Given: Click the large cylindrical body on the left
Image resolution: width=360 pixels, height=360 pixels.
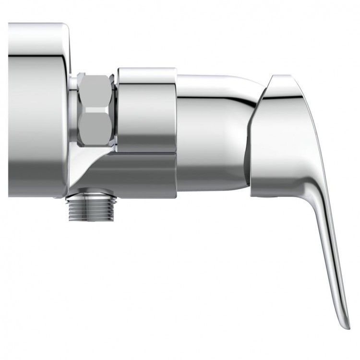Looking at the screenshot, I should point(36,110).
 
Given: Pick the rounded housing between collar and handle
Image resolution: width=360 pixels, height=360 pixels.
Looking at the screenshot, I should point(214,130).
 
